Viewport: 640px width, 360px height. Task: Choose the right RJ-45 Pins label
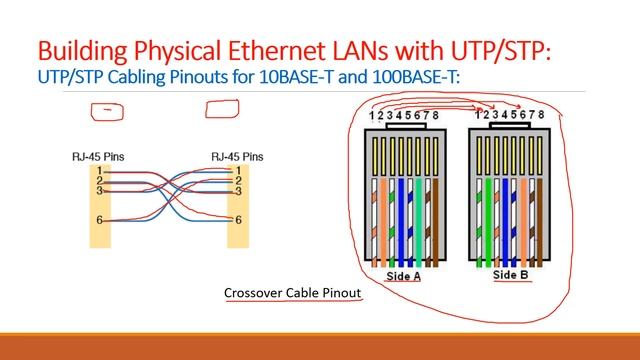pos(237,157)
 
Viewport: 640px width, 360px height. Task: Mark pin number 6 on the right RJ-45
pos(237,219)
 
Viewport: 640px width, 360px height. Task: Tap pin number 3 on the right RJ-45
pos(237,189)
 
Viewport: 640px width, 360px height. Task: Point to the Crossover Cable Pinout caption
pos(292,293)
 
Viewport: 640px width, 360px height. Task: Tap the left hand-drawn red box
pos(106,111)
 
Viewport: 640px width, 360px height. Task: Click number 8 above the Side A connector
pos(436,116)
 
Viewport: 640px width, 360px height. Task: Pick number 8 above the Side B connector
pos(541,116)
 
